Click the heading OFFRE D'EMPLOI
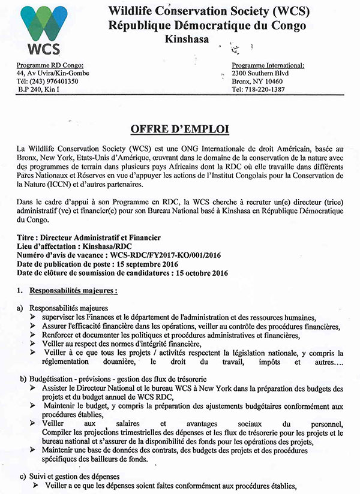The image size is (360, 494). click(180, 128)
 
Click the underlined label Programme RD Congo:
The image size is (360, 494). click(54, 65)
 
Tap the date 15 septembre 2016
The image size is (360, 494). click(163, 265)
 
